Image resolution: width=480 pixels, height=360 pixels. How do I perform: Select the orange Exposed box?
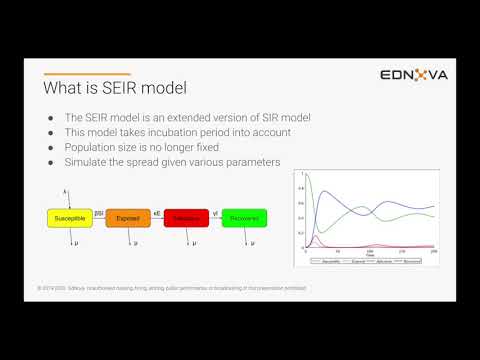[x=128, y=216]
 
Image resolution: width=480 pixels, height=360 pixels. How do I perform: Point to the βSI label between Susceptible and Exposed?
[x=99, y=211]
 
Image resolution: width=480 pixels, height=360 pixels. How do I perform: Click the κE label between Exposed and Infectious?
[x=158, y=211]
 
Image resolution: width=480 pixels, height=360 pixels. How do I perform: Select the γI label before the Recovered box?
[x=216, y=211]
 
